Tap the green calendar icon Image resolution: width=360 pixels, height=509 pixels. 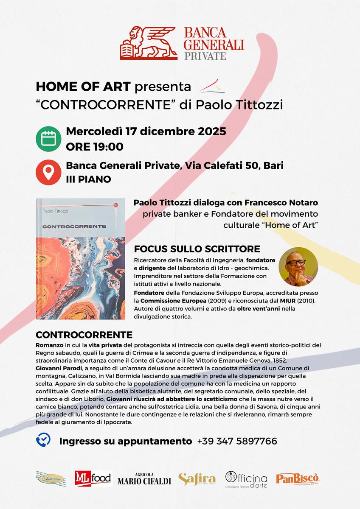(48, 139)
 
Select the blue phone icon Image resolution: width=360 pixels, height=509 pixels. (43, 441)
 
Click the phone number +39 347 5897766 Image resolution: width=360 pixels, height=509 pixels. (237, 441)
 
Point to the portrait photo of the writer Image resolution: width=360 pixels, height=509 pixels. (298, 267)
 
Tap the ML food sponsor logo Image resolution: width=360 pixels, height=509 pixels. (92, 478)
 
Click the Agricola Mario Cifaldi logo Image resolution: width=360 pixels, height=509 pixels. (144, 478)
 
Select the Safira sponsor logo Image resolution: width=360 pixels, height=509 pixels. (197, 478)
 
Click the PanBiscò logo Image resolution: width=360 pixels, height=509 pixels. (298, 478)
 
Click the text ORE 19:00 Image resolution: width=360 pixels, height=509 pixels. (95, 147)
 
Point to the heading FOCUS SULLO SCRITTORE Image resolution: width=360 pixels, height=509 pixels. (197, 249)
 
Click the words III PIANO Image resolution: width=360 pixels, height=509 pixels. (88, 179)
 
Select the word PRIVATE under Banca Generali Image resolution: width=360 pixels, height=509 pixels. (205, 56)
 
